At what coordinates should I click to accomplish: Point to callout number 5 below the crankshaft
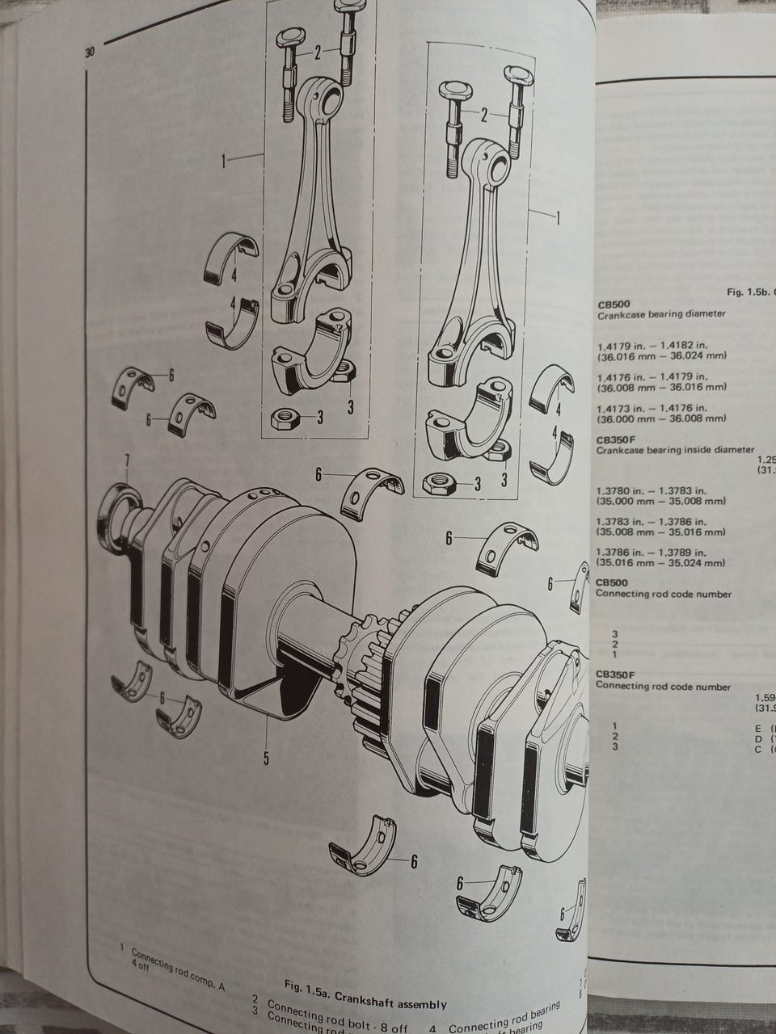[x=266, y=758]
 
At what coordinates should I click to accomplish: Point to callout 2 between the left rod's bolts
[x=318, y=53]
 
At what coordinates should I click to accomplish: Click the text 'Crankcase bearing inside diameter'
[x=675, y=450]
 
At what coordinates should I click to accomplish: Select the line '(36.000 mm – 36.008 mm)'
[x=661, y=418]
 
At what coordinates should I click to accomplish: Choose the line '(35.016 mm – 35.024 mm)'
[x=661, y=563]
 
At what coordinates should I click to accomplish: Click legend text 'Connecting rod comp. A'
[x=177, y=959]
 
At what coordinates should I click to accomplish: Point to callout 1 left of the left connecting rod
[x=224, y=162]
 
